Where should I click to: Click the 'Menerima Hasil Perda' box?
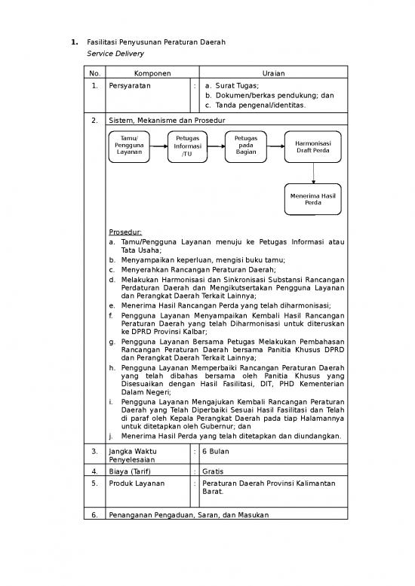(x=312, y=199)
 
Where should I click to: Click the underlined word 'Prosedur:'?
(x=125, y=232)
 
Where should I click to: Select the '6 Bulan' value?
(x=216, y=450)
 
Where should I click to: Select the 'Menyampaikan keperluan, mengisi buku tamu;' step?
(x=198, y=259)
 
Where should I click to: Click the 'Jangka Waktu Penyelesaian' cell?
(x=128, y=455)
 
